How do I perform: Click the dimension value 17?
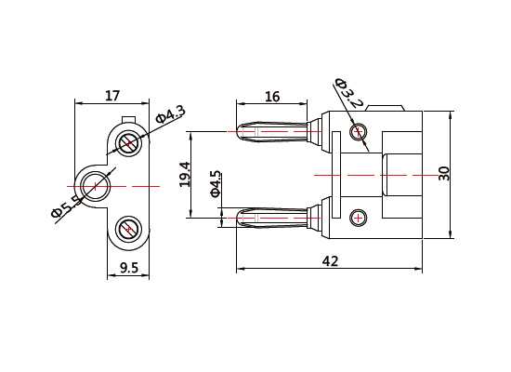coord(111,95)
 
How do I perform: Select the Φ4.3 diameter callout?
coord(171,114)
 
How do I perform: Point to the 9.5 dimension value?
coord(129,268)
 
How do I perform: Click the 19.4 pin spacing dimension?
coord(185,175)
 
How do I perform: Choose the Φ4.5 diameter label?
coord(216,184)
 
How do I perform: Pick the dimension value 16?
coord(272,96)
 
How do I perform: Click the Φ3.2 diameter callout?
coord(347,92)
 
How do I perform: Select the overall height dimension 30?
coord(444,174)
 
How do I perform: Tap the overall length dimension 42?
coord(330,261)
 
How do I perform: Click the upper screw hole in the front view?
coord(129,142)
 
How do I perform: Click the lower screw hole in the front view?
coord(128,228)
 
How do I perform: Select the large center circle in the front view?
coord(94,186)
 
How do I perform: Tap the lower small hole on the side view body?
coord(358,218)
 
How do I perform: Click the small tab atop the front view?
coord(129,118)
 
